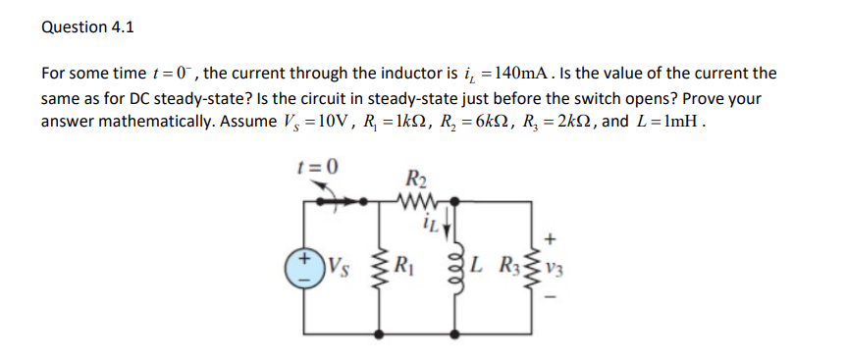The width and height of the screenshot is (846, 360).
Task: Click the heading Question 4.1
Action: pos(87,27)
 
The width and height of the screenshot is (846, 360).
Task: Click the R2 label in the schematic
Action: pos(414,180)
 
